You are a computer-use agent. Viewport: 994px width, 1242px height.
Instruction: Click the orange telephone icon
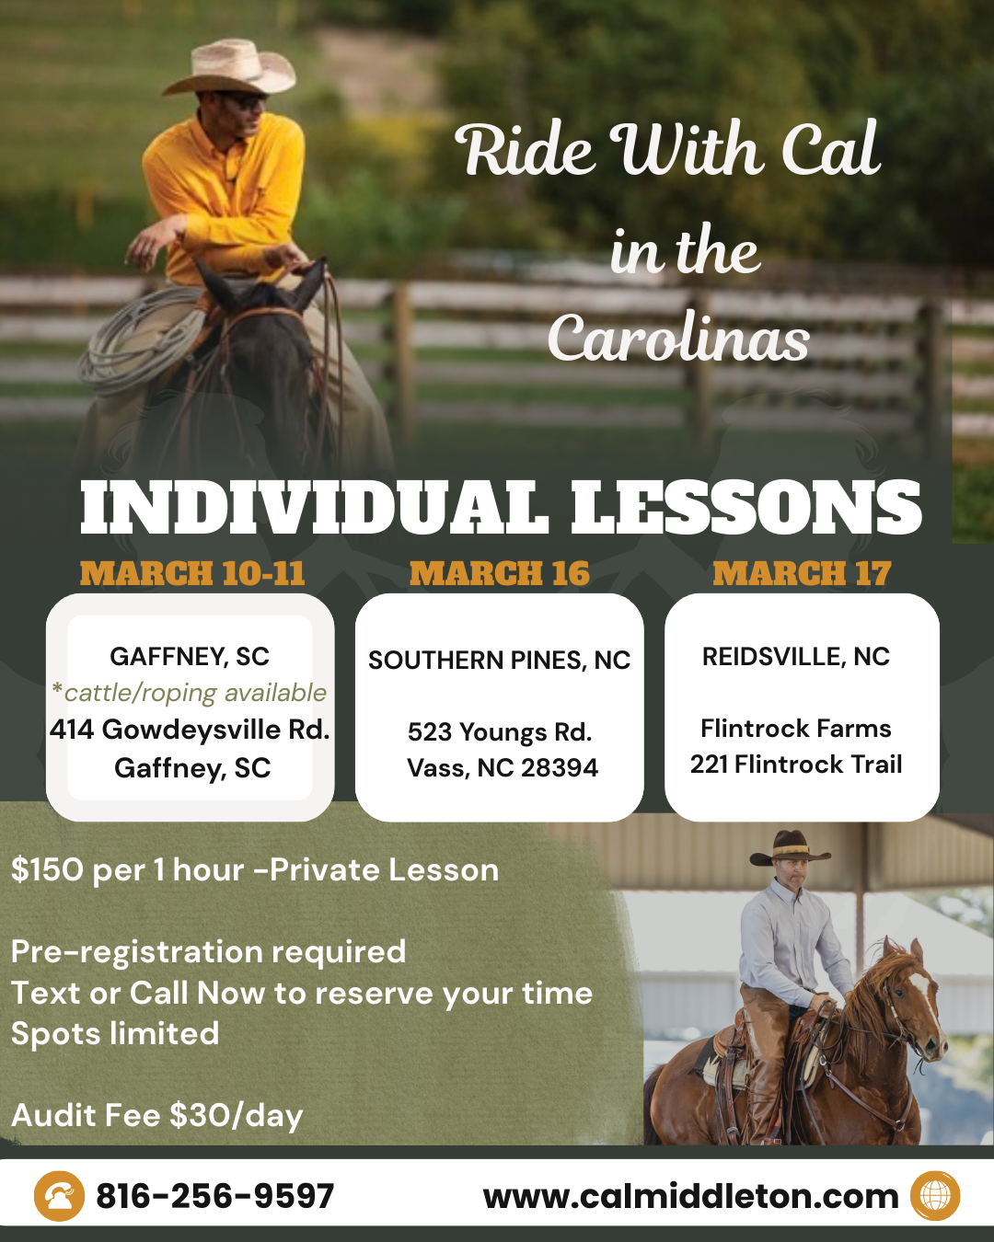click(x=59, y=1196)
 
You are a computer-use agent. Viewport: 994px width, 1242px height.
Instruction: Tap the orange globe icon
click(x=935, y=1196)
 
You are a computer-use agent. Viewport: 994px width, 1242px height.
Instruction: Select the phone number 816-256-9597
click(x=214, y=1196)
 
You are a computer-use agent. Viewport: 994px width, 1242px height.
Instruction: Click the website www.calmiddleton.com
click(x=691, y=1196)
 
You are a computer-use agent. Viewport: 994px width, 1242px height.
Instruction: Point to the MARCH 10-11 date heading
click(x=192, y=574)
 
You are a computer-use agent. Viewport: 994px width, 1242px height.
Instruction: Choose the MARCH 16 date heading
click(x=500, y=574)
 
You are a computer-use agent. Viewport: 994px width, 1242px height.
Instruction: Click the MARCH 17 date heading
click(x=802, y=574)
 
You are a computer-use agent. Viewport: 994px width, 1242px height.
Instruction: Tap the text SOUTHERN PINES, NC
click(x=500, y=661)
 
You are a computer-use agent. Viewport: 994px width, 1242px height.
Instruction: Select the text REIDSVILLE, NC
click(x=796, y=656)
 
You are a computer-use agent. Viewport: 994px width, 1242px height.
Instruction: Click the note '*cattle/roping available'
click(x=189, y=693)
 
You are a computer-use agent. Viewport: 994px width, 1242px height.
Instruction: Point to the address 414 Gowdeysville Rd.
click(x=190, y=730)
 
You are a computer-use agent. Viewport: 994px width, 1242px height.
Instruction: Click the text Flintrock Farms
click(x=796, y=729)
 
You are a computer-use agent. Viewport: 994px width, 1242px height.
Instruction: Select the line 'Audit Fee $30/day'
click(x=157, y=1115)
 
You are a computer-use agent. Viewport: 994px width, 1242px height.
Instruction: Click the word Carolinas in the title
click(x=678, y=339)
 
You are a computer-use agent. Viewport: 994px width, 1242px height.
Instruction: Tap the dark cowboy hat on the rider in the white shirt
click(x=790, y=848)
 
